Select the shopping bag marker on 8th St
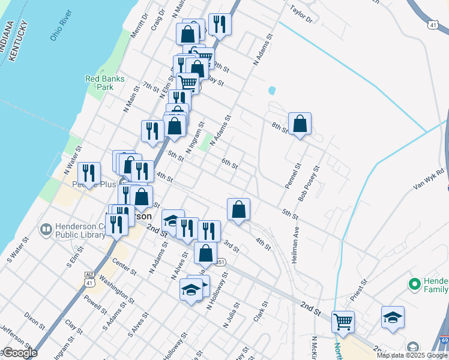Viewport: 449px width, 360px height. (x=300, y=124)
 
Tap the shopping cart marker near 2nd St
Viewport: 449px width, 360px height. (x=343, y=321)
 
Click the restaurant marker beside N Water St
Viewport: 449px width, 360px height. (x=89, y=174)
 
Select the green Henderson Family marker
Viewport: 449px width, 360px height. (x=414, y=283)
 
